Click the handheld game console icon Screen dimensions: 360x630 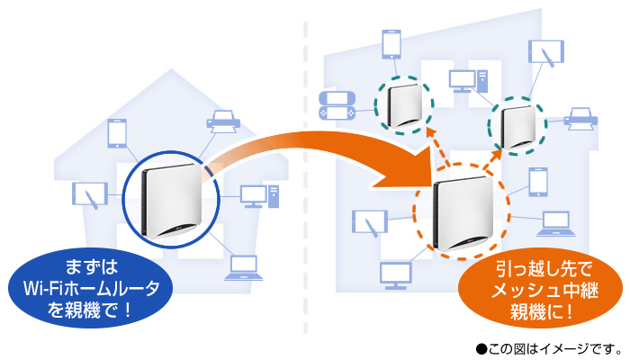(337, 106)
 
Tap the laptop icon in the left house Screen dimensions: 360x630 (242, 265)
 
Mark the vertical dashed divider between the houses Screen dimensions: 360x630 (306, 180)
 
